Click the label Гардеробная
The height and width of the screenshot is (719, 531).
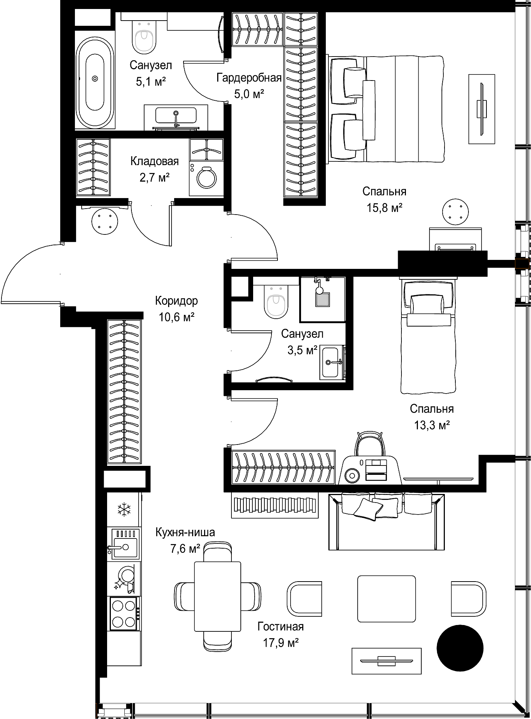coord(249,78)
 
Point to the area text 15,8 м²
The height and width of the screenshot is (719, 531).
coord(385,208)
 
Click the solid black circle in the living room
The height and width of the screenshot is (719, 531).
coord(460,647)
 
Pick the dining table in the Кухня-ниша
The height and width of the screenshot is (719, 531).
coord(218,596)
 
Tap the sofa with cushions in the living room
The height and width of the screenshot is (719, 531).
coord(387,521)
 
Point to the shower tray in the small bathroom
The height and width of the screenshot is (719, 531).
coord(322,299)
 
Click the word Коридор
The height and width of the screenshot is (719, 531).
coord(177,301)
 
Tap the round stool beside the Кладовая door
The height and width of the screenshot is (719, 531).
coord(105,221)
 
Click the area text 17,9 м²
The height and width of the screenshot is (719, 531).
coord(280,643)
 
